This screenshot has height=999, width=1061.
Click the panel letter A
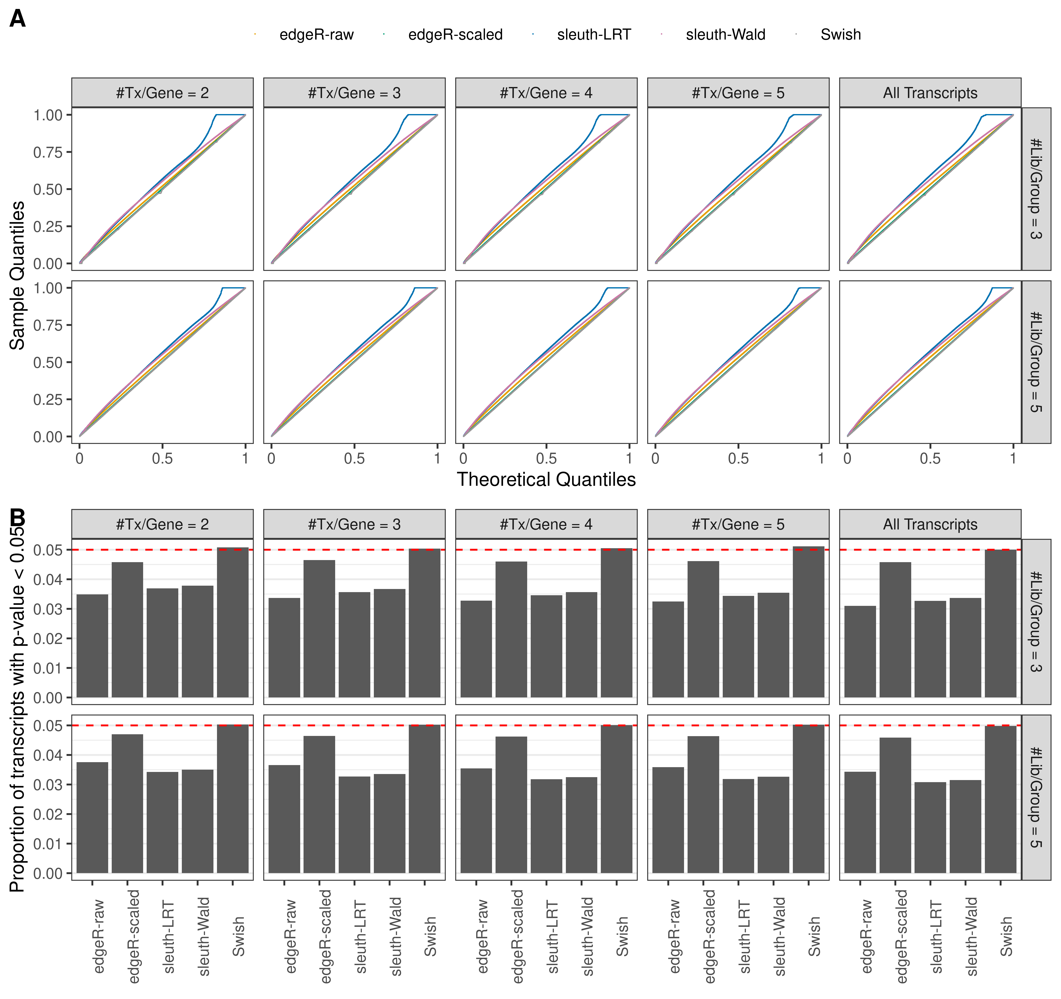18,19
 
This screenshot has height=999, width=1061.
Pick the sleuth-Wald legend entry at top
725,35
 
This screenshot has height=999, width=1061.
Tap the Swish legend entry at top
840,35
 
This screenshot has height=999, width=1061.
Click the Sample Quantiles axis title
18,276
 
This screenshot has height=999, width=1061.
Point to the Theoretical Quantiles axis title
546,480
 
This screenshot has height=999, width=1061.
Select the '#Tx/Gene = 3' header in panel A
354,93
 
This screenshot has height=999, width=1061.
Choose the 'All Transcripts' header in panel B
930,524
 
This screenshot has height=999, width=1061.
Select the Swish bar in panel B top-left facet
233,623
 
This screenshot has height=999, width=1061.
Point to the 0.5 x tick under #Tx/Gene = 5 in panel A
738,458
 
